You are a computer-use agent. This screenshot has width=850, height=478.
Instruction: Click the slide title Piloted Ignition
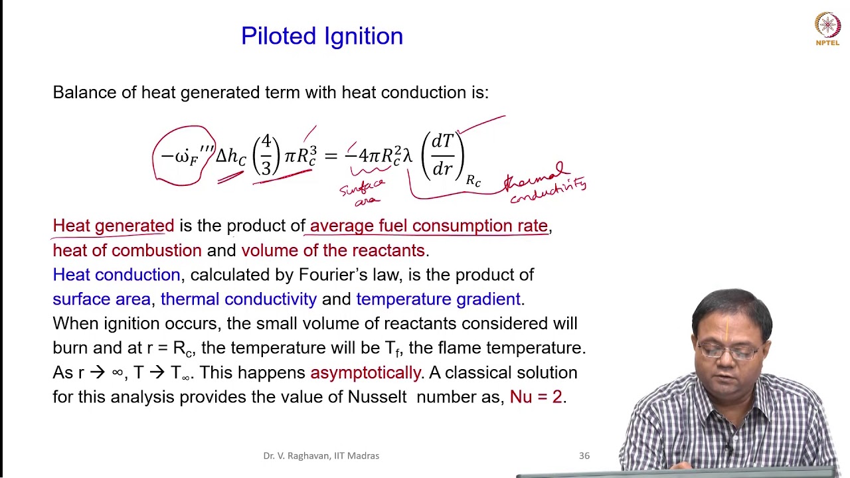[322, 36]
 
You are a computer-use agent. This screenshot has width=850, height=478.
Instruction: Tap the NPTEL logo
[827, 29]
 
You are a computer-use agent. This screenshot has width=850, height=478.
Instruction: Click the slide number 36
[584, 455]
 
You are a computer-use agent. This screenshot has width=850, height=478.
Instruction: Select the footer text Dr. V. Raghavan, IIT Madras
[321, 455]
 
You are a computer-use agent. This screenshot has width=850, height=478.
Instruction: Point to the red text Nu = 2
[536, 397]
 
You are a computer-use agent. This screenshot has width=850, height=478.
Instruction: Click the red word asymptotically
[365, 372]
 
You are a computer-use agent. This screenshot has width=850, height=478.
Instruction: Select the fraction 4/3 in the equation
[266, 155]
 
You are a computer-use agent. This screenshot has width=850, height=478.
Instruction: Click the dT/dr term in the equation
[442, 155]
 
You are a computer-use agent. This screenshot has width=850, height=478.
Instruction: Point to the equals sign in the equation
[331, 156]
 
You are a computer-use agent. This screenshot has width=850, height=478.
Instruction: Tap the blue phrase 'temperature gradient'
[438, 299]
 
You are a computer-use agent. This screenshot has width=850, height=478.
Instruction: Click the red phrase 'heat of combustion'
[127, 250]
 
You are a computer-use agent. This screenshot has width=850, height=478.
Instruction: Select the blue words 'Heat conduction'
[116, 275]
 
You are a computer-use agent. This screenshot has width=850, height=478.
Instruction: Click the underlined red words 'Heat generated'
[114, 226]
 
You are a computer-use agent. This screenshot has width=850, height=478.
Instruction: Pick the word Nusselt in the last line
[377, 397]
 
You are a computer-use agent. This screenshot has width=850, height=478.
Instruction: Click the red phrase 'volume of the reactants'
[333, 250]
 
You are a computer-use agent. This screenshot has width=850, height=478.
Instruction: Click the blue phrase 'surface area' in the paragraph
[102, 299]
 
